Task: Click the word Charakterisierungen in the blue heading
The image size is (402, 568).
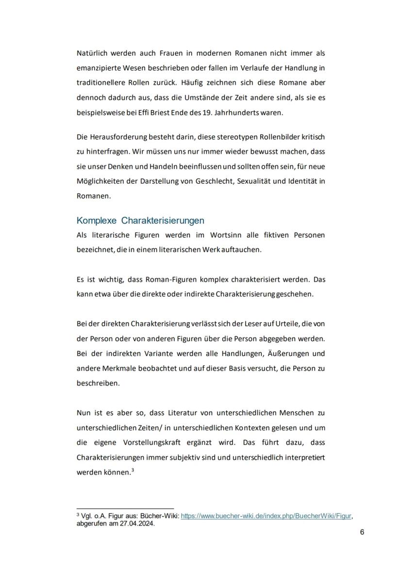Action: click(x=163, y=221)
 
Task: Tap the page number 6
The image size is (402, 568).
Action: click(x=362, y=532)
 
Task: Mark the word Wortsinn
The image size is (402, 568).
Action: click(x=228, y=235)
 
